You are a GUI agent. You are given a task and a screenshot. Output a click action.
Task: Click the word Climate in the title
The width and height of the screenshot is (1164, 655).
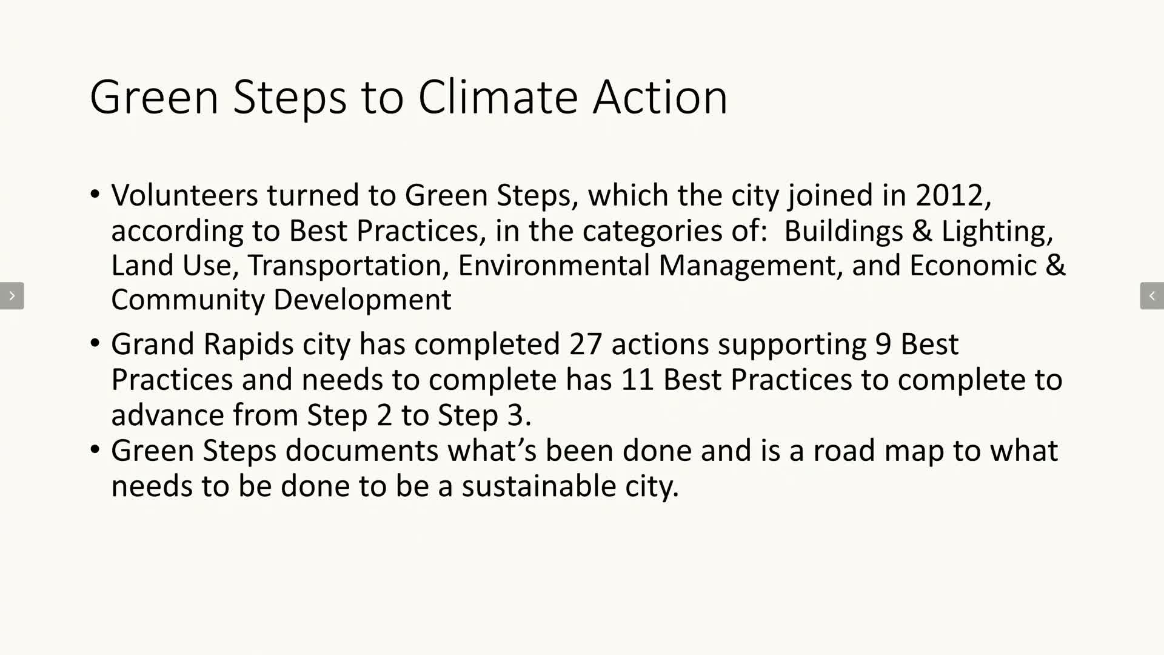click(498, 97)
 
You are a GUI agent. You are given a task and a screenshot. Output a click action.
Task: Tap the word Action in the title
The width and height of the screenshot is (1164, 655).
click(660, 97)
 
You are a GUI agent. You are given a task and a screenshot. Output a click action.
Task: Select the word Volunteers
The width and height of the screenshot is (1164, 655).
click(185, 195)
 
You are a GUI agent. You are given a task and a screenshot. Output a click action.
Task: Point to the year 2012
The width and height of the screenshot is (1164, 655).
click(950, 195)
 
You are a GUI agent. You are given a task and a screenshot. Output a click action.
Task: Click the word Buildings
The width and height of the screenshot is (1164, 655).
click(843, 231)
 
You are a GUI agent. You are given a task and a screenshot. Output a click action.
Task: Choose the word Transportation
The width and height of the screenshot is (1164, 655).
click(345, 265)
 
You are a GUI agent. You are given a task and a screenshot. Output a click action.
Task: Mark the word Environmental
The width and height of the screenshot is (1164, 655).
click(554, 265)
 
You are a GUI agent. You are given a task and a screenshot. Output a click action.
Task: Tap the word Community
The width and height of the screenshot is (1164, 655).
click(189, 300)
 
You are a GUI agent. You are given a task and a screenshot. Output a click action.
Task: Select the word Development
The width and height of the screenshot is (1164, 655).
click(362, 300)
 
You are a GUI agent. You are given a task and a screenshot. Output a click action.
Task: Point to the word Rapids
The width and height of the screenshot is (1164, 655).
click(249, 344)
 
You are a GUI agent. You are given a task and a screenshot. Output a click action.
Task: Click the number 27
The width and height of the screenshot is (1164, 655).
click(585, 344)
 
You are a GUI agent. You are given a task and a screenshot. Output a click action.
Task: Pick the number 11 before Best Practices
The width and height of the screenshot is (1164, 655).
click(637, 380)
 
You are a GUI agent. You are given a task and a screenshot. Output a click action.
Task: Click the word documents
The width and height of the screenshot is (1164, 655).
click(362, 451)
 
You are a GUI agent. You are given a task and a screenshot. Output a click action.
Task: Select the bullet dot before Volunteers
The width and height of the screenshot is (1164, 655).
click(95, 195)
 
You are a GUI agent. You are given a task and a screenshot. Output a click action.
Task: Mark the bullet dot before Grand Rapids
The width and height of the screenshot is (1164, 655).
click(95, 343)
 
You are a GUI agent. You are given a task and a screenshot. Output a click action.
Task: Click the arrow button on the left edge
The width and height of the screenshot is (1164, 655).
click(12, 296)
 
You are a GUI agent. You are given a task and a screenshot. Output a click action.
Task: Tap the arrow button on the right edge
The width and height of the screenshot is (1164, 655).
click(1152, 296)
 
